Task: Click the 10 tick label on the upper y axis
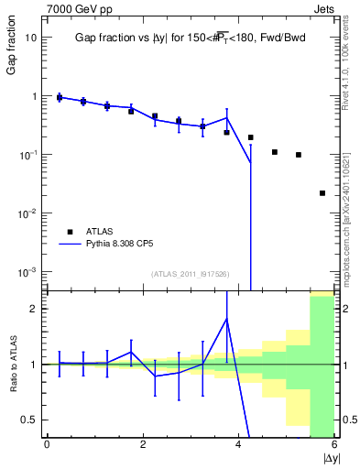click(x=31, y=38)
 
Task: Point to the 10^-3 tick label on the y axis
click(x=27, y=272)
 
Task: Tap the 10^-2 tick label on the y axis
click(x=27, y=213)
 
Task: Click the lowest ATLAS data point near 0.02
click(x=322, y=193)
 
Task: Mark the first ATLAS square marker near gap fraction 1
click(x=60, y=97)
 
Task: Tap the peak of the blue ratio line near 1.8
click(x=226, y=319)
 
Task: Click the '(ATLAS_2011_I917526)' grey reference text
click(x=191, y=274)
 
